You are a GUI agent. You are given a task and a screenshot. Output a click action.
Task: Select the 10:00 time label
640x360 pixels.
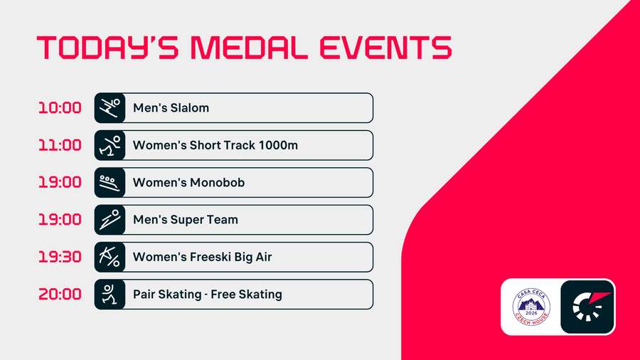(x=60, y=108)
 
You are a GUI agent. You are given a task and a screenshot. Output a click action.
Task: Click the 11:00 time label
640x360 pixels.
(x=60, y=145)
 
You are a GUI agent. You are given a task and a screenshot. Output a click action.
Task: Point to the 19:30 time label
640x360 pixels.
(x=60, y=257)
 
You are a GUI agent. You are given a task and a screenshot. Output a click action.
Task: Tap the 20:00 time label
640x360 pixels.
(x=60, y=294)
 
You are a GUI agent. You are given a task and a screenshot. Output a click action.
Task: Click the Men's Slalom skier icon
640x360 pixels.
(x=110, y=108)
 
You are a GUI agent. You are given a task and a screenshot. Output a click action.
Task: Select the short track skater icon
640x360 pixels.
(x=110, y=145)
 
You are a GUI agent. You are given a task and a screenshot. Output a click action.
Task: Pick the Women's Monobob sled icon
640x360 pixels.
(x=110, y=182)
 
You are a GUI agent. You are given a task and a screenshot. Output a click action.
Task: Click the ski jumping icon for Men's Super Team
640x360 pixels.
(x=110, y=220)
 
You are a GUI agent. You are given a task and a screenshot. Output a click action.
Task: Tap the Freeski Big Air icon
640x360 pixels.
(x=110, y=257)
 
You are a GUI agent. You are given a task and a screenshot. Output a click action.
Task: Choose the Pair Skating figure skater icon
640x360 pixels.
(x=110, y=294)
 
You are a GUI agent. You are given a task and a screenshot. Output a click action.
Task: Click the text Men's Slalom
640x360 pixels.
(x=171, y=108)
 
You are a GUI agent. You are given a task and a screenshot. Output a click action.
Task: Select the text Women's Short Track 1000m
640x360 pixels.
(x=215, y=145)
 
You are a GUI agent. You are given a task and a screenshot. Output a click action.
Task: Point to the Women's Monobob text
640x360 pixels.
(x=188, y=182)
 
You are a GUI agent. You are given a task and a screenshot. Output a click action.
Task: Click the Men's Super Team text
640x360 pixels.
(x=186, y=220)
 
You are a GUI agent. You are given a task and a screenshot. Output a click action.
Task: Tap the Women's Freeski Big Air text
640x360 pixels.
(x=203, y=257)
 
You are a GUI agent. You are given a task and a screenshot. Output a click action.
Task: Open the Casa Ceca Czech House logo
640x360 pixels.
(x=531, y=307)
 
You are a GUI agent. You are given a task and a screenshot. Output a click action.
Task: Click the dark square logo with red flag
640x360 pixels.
(x=587, y=307)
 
